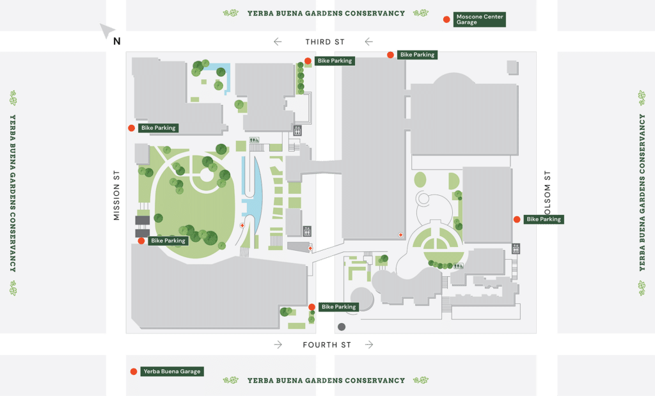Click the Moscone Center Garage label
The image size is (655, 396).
tap(479, 19)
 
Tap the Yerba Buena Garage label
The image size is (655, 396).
tap(172, 372)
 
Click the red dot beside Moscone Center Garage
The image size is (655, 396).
tap(446, 19)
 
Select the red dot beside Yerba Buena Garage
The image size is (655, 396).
tap(134, 372)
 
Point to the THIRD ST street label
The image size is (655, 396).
tap(324, 42)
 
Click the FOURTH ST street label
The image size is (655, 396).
tap(327, 345)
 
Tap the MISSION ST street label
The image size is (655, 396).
tap(116, 195)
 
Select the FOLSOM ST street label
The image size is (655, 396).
tap(548, 192)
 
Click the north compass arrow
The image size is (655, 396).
tap(109, 31)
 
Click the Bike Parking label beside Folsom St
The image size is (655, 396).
tap(544, 219)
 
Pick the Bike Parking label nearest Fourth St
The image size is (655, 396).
tap(338, 307)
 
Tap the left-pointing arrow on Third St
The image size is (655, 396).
tap(278, 42)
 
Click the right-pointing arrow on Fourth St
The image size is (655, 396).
tap(370, 345)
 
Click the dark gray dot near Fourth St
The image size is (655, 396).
tap(342, 326)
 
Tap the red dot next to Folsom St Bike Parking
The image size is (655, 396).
tap(517, 219)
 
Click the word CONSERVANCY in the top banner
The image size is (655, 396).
tap(374, 13)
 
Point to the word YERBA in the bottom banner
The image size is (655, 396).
tap(259, 381)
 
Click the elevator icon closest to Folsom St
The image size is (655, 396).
tap(516, 248)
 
